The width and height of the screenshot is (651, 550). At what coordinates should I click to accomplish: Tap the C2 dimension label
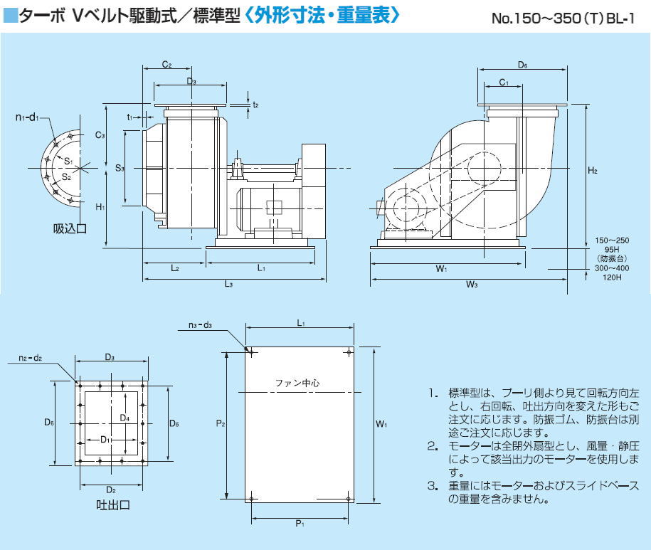166,65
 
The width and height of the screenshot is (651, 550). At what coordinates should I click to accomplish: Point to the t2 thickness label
255,105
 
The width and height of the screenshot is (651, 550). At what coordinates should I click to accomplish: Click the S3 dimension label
120,169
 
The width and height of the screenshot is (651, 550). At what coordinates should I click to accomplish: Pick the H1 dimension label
100,206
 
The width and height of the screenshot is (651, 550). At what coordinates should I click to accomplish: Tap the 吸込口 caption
69,228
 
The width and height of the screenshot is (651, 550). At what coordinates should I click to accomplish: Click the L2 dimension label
174,268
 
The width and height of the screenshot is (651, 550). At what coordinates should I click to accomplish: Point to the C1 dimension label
503,83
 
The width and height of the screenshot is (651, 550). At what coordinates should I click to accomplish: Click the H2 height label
593,171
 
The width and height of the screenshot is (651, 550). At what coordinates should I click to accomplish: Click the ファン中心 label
297,383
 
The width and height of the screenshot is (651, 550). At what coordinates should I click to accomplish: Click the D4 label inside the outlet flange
125,417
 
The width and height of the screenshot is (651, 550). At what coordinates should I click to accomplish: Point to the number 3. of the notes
432,486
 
